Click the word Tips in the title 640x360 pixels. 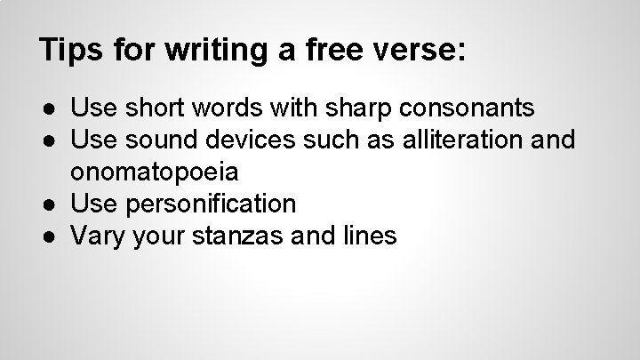[x=68, y=50]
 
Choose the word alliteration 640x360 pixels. [x=452, y=140]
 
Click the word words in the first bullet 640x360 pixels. [x=222, y=108]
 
